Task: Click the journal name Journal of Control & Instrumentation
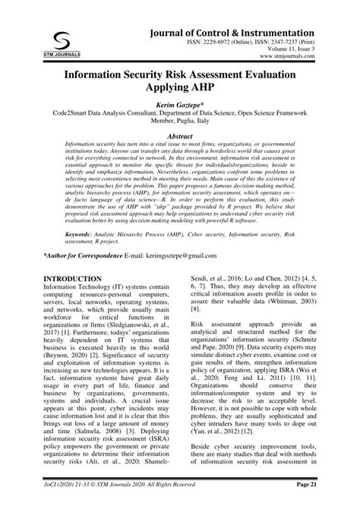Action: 232,33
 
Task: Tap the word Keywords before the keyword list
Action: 81,235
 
